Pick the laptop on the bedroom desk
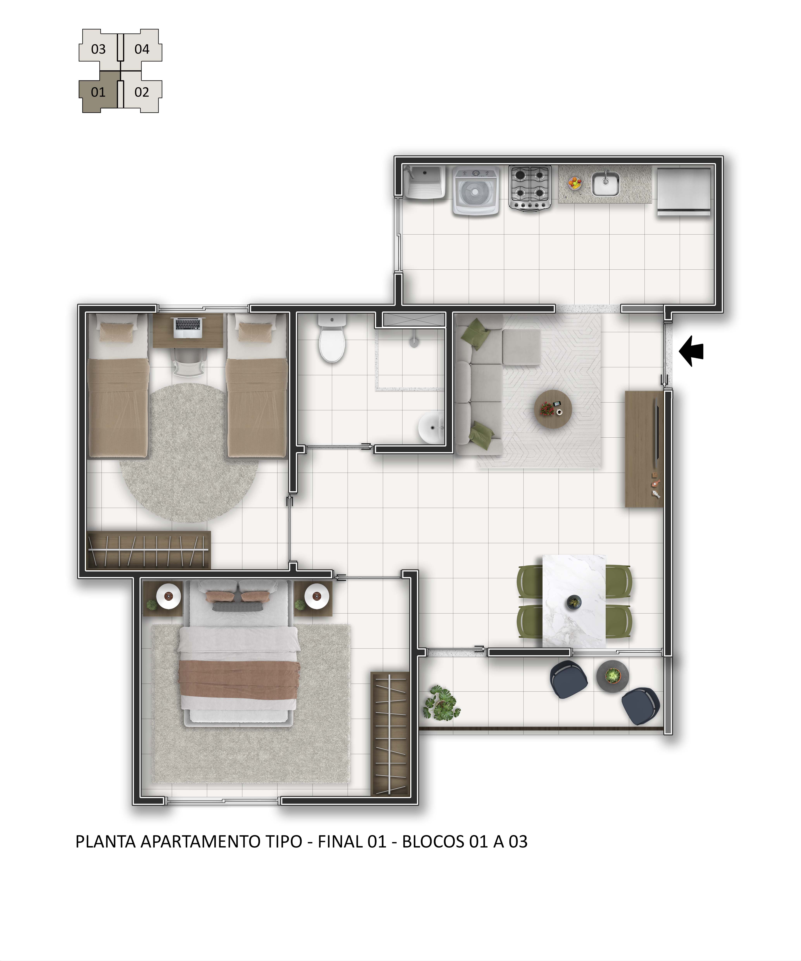tap(188, 327)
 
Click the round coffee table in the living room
tap(553, 409)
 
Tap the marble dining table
tap(574, 601)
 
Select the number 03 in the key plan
tap(98, 49)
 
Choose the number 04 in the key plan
tap(142, 49)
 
